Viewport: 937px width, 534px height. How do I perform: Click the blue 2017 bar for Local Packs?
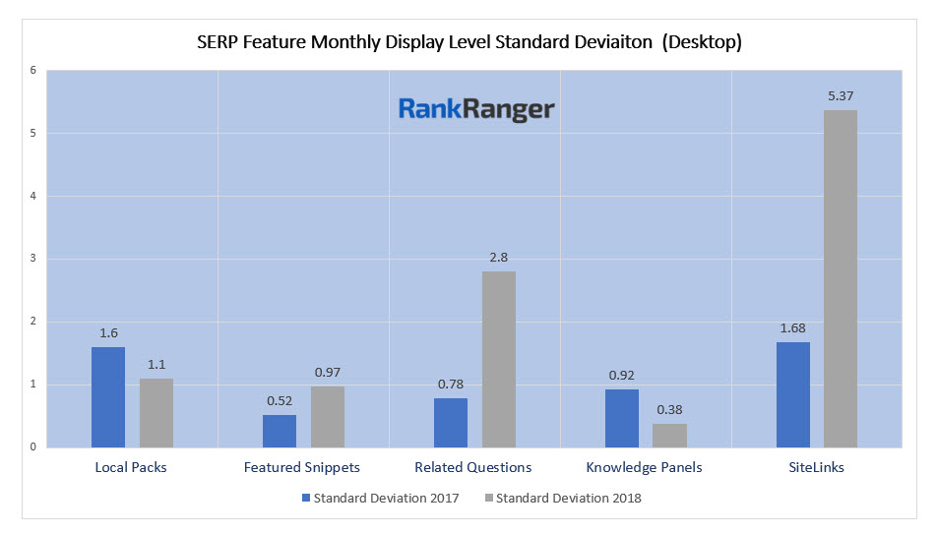coord(108,397)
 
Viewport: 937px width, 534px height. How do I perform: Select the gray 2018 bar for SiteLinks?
coord(841,278)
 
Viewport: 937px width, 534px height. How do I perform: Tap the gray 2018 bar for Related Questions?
coord(498,359)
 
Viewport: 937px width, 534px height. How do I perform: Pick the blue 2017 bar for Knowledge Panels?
coord(622,418)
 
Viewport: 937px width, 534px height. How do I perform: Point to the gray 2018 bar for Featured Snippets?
coord(327,416)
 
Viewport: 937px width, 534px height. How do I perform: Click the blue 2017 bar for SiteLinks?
coord(793,394)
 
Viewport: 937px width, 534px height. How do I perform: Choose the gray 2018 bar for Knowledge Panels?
coord(669,435)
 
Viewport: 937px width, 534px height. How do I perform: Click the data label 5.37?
coord(841,95)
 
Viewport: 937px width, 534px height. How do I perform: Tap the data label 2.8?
coord(498,257)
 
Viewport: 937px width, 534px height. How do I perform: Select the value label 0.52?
coord(280,400)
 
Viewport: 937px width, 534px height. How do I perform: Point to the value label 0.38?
coord(669,409)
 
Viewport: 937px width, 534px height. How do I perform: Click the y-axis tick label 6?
coord(32,71)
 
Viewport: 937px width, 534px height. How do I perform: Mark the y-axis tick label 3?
coord(32,259)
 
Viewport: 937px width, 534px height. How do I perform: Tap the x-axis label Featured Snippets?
coord(302,467)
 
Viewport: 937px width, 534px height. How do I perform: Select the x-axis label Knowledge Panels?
coord(644,467)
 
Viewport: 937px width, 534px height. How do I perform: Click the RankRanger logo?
coord(476,109)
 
